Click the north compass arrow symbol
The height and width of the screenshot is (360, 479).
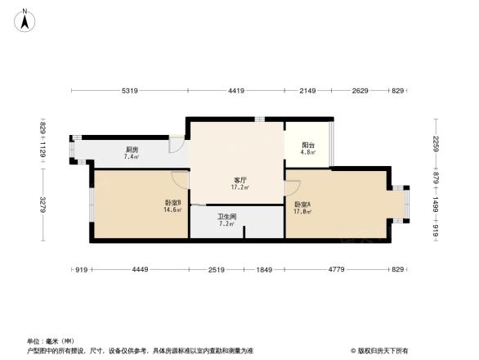(x=26, y=19)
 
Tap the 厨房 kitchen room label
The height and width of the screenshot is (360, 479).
(x=131, y=149)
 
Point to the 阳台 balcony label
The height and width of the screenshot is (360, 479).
(x=307, y=146)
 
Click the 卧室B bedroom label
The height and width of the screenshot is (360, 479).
(x=172, y=202)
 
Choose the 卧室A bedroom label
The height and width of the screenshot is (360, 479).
(x=302, y=205)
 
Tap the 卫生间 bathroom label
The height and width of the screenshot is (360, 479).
(x=226, y=217)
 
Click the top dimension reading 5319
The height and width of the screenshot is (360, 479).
(x=131, y=92)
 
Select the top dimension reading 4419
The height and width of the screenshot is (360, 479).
(x=236, y=92)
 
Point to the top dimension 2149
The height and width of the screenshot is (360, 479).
(x=307, y=92)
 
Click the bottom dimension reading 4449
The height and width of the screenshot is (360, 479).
(x=141, y=269)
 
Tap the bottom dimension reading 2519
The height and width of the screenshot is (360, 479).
(x=217, y=269)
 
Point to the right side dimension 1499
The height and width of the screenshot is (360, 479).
(x=436, y=206)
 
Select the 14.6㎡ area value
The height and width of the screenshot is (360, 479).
(x=172, y=209)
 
